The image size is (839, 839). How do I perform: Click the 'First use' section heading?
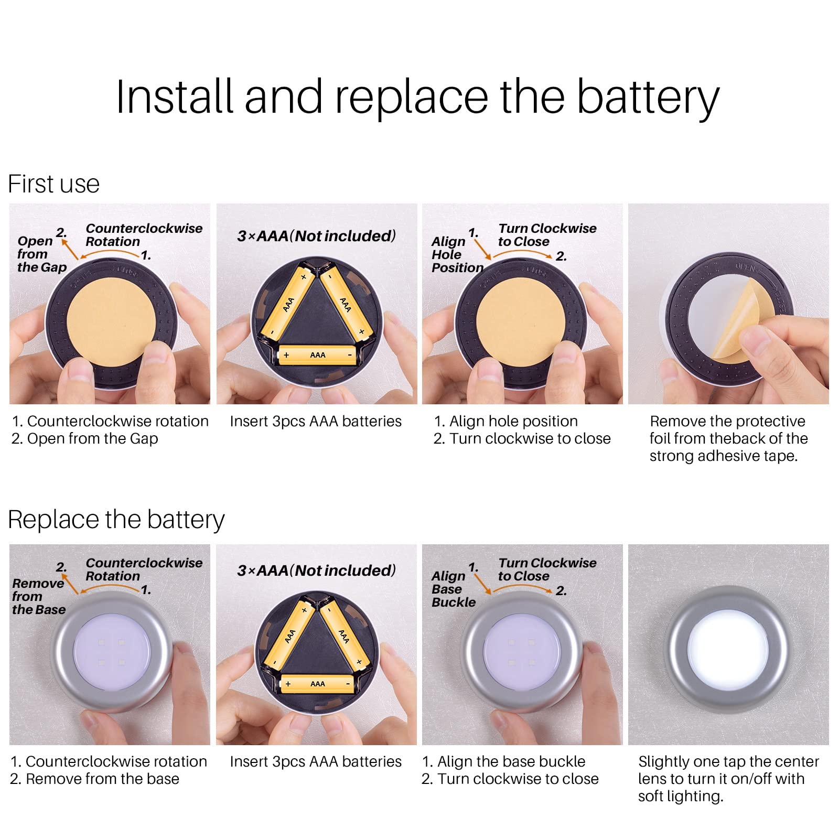(x=53, y=184)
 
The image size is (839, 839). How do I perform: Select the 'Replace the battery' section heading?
(x=116, y=520)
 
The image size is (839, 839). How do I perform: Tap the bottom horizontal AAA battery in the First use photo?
(x=317, y=355)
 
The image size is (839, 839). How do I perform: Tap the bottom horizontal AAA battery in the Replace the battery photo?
(x=317, y=684)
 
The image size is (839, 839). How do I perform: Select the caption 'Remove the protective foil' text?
(x=728, y=429)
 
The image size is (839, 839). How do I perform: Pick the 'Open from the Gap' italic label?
(x=42, y=254)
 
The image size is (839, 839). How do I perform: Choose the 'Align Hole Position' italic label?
(x=457, y=254)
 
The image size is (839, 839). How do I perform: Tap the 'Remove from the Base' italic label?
(x=39, y=596)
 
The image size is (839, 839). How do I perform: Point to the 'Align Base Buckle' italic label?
(x=454, y=589)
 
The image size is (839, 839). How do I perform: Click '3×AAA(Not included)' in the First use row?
(x=317, y=236)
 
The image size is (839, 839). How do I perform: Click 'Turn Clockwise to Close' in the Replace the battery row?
(x=547, y=569)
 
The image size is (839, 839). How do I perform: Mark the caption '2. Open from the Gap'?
(x=85, y=439)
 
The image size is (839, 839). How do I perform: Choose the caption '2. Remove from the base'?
(x=94, y=779)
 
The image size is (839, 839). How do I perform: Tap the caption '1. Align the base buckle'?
(x=503, y=761)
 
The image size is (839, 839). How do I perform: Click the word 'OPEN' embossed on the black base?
(x=745, y=268)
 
